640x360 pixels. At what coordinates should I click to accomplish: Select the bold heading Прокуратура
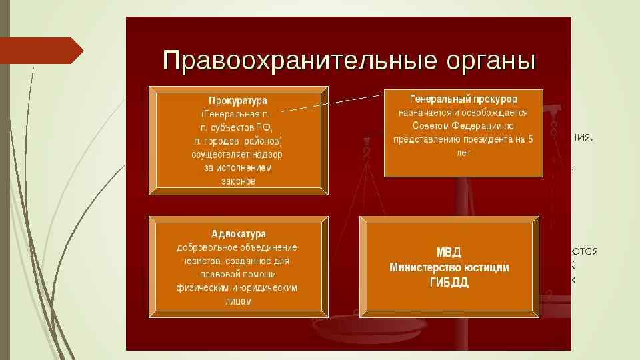point(237,101)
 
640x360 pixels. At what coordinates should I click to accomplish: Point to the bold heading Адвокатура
point(238,234)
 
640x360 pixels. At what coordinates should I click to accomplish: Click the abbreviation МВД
point(449,253)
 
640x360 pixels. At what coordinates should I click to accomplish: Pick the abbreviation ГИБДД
point(449,282)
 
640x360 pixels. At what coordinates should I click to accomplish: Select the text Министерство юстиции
point(449,267)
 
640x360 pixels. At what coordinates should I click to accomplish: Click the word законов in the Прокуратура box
point(237,181)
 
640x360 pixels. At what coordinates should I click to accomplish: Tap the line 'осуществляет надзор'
point(237,154)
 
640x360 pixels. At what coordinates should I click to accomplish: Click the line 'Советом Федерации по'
point(463,126)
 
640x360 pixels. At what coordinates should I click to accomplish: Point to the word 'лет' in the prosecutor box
point(463,153)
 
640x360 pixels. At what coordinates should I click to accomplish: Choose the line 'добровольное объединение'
point(237,247)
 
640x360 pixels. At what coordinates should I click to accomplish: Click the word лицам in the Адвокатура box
point(237,301)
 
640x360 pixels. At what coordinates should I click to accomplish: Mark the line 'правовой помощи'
point(237,274)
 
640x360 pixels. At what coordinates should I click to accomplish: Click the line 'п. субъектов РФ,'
point(237,127)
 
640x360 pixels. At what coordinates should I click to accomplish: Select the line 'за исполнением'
point(237,167)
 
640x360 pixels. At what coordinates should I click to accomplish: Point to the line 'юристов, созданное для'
point(237,261)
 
